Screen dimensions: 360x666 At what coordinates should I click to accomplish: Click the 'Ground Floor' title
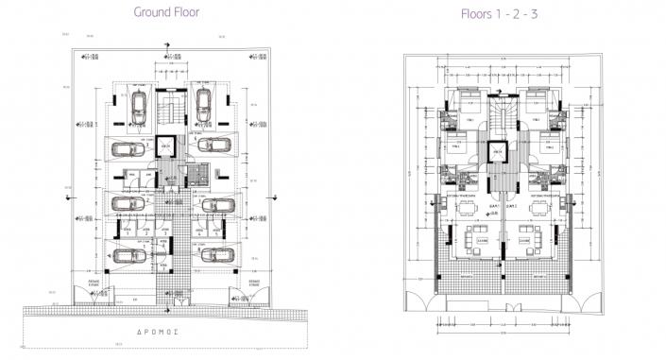(166, 14)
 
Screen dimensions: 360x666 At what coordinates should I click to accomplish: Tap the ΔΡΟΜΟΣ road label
(167, 334)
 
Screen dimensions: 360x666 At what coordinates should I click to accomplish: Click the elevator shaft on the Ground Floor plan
(166, 148)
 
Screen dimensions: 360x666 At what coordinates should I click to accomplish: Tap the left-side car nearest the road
(127, 253)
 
